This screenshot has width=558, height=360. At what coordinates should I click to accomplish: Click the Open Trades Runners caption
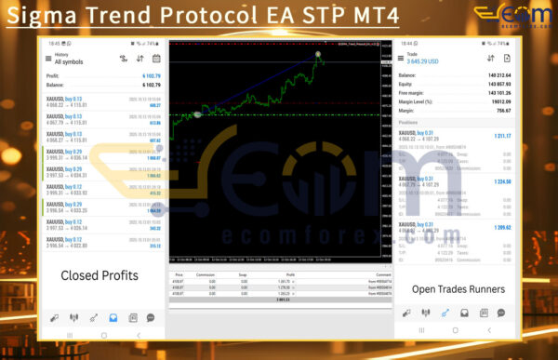[x=458, y=289]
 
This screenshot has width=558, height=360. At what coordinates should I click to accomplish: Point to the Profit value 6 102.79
[x=151, y=76]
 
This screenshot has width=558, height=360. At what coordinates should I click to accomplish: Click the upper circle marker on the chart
[x=319, y=55]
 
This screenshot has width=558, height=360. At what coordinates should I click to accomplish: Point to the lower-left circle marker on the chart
[x=197, y=113]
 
